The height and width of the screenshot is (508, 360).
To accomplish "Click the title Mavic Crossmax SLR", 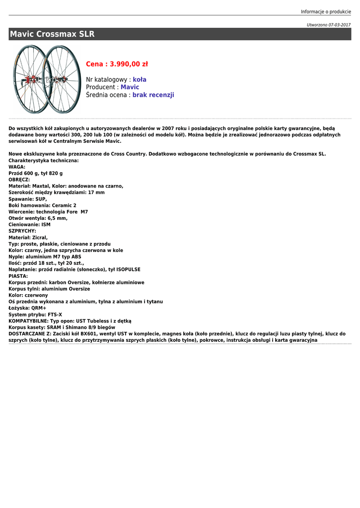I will (52, 34).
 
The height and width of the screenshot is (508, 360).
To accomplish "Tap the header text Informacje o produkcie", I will (326, 11).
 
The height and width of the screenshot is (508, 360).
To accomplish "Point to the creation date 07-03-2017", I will (340, 25).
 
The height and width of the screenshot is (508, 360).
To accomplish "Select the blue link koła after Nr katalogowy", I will (140, 79).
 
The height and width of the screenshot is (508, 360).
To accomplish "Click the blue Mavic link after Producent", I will (130, 87).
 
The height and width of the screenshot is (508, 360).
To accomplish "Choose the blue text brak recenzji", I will (153, 95).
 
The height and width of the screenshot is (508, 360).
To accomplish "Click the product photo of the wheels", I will (47, 79).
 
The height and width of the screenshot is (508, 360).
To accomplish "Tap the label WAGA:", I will (17, 167).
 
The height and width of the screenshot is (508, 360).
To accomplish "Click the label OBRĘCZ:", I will (19, 180).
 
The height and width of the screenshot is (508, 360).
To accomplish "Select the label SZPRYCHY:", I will (22, 231).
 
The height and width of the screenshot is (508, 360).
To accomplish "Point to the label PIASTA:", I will (18, 276).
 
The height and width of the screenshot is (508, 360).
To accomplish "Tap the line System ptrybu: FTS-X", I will (35, 315).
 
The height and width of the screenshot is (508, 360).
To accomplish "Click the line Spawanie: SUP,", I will (28, 199).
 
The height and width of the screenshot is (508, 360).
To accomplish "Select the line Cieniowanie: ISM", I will (29, 225).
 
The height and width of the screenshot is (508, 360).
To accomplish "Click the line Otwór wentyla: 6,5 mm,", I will (38, 218).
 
